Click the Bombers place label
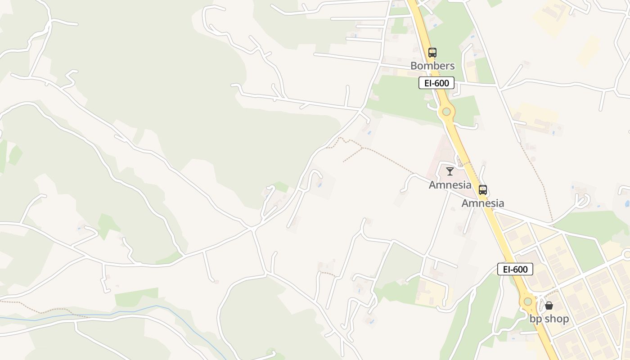(x=432, y=66)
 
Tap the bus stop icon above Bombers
(x=432, y=53)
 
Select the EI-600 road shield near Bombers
(x=436, y=83)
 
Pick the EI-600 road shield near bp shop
(x=515, y=269)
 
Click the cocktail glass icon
(x=450, y=171)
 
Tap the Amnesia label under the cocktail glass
(x=450, y=184)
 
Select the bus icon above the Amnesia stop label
(x=483, y=190)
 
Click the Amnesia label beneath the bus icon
(x=483, y=203)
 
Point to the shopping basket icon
(x=549, y=306)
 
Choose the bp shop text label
(x=549, y=319)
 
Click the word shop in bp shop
(x=556, y=319)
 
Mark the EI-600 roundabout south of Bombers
(x=446, y=112)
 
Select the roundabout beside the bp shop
(x=528, y=301)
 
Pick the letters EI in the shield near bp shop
(x=506, y=269)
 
